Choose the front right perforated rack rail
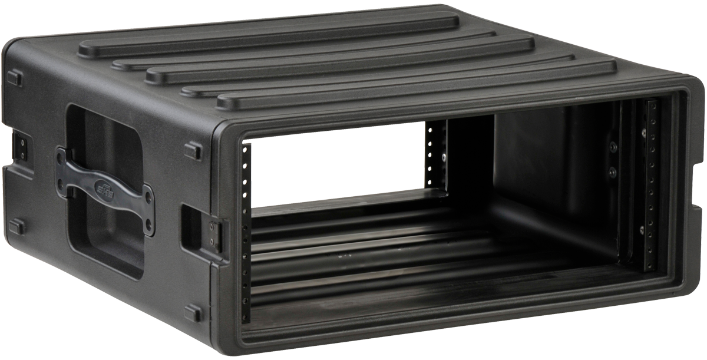[651, 183]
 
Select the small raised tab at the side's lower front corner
[193, 313]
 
